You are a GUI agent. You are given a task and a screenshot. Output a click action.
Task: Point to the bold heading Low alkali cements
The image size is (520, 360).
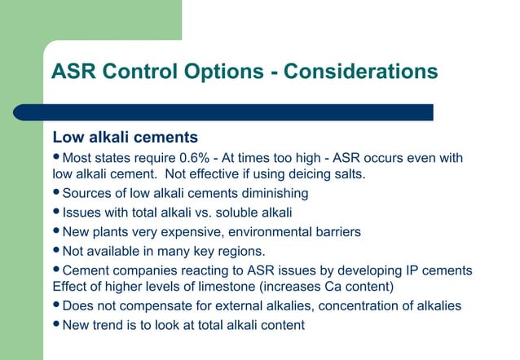[x=125, y=136]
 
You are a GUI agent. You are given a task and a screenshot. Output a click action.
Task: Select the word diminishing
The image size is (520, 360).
[x=270, y=193]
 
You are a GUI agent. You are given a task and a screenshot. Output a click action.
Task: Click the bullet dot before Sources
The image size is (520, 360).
[x=56, y=193]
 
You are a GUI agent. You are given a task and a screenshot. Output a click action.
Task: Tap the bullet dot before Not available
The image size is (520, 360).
[x=56, y=251]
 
